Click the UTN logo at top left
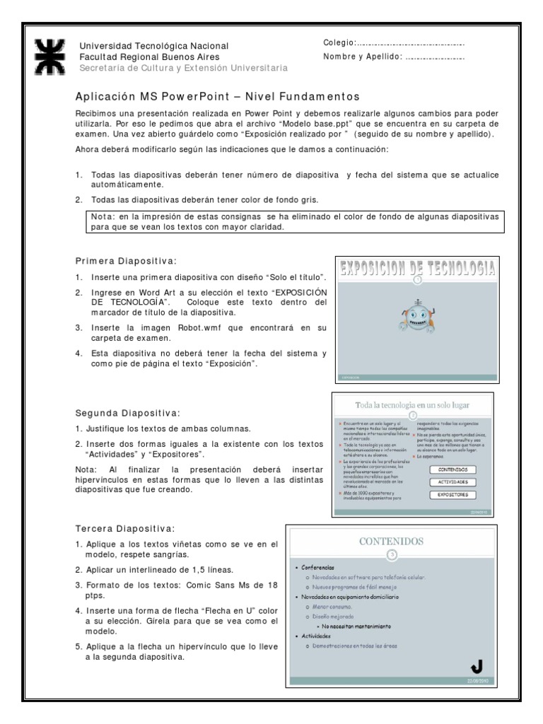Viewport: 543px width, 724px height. tap(50, 56)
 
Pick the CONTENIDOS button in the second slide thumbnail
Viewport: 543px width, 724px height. tap(452, 469)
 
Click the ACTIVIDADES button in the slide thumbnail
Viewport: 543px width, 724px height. tap(452, 482)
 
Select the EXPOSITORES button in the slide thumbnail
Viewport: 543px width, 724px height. tap(452, 495)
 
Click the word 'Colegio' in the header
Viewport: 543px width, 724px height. tap(337, 44)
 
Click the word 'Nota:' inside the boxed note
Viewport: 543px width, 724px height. tap(103, 216)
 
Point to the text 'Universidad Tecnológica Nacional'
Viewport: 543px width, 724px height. tap(153, 46)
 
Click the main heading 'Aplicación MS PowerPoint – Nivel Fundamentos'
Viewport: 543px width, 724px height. tap(218, 95)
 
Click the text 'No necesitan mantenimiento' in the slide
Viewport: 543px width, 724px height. tap(358, 626)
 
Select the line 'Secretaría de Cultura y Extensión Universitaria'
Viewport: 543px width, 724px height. tap(183, 67)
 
